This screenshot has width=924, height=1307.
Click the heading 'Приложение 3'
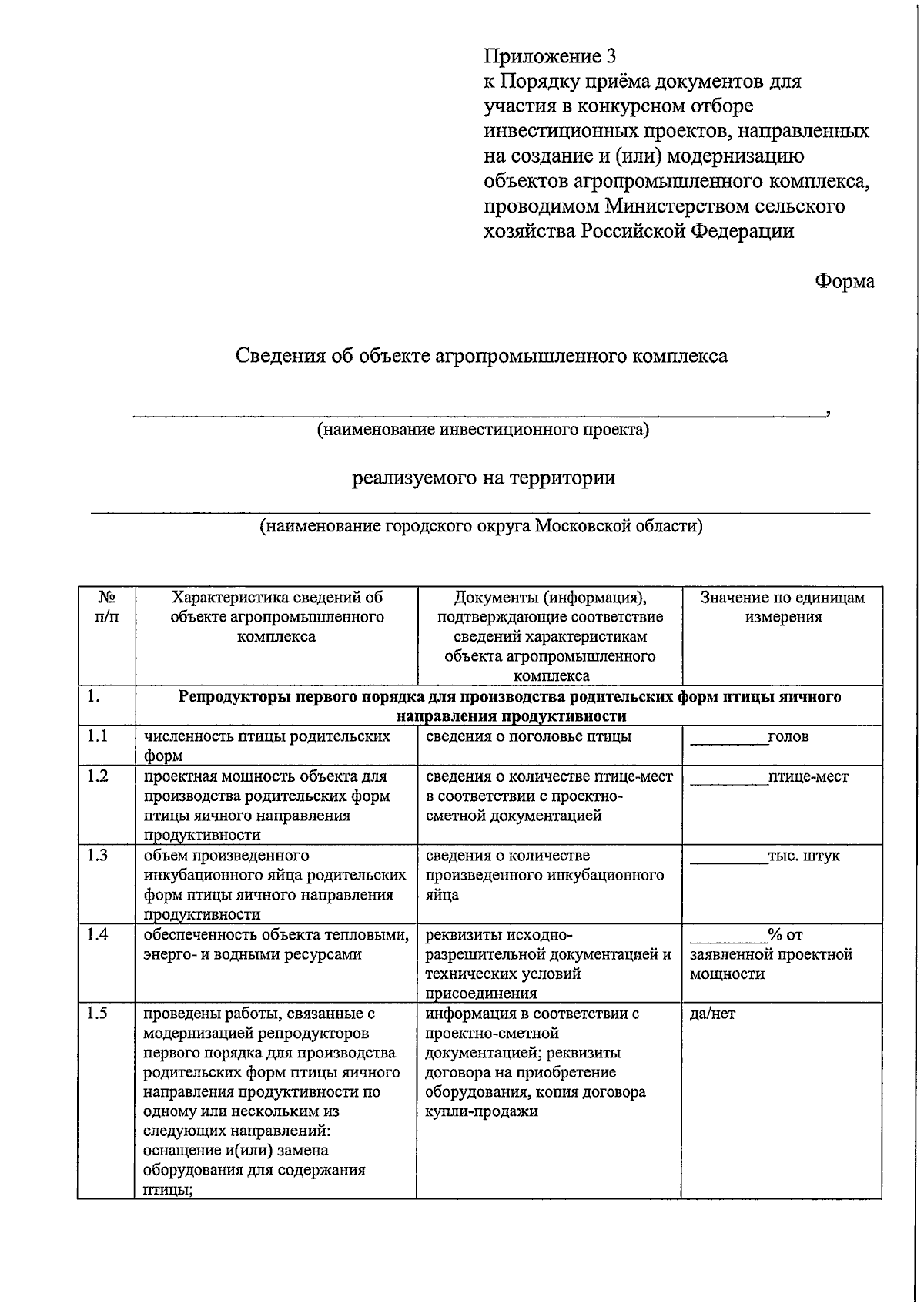click(550, 56)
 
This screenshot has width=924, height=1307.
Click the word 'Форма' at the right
click(845, 281)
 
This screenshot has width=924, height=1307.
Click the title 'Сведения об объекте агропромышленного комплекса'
click(481, 356)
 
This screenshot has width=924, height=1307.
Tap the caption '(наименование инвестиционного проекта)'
click(483, 429)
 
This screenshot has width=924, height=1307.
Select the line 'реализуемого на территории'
click(484, 478)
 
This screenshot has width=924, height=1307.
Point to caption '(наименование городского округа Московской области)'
click(481, 526)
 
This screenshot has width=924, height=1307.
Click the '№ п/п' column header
click(107, 607)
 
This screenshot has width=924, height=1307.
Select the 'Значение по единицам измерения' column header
click(782, 607)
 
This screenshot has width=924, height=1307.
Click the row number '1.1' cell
click(98, 736)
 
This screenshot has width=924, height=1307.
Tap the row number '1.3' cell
click(98, 855)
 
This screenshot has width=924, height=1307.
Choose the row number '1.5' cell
click(98, 1013)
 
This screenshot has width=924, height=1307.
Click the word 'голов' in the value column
click(788, 737)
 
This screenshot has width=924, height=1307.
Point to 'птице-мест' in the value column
click(808, 776)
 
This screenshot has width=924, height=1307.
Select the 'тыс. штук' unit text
click(804, 856)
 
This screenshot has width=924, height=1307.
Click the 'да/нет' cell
click(712, 1014)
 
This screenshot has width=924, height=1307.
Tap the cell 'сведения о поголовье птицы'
click(528, 737)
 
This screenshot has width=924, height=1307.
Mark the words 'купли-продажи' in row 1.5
click(481, 1111)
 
